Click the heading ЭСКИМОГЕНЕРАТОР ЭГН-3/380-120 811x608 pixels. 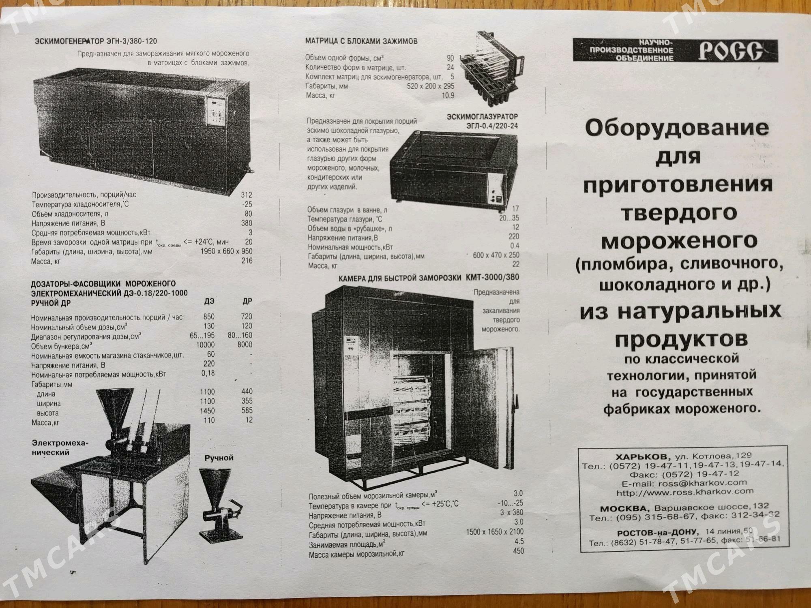(96, 41)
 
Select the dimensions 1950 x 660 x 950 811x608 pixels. (226, 251)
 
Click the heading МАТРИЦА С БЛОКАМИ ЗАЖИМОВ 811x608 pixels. (361, 41)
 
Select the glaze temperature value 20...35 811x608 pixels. (509, 218)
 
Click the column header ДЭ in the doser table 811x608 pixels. (209, 302)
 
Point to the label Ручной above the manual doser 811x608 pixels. (219, 458)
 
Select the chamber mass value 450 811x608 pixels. (518, 551)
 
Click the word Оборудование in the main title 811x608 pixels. (677, 129)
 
